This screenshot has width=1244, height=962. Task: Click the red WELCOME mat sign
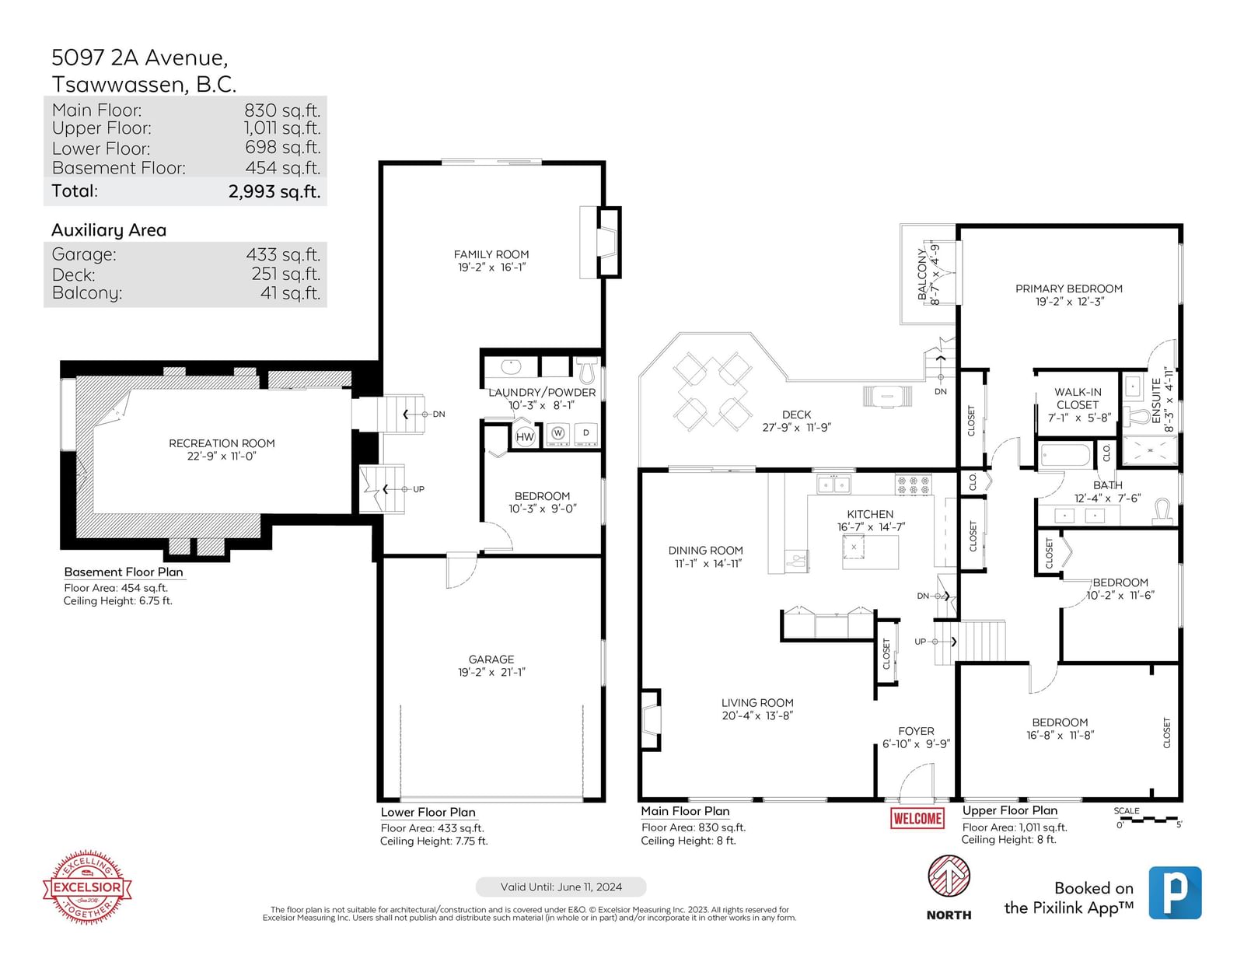(917, 818)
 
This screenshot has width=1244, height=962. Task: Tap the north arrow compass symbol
(949, 876)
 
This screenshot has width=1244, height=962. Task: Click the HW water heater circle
(524, 437)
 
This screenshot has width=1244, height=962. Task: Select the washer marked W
(558, 433)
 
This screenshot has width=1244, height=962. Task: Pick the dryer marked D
(585, 433)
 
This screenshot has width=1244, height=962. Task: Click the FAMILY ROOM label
(491, 254)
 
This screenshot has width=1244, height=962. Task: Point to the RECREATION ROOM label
(222, 443)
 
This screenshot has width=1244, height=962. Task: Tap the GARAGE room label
(491, 659)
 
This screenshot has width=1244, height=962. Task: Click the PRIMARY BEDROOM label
(1069, 289)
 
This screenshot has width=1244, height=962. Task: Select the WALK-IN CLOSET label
(1078, 398)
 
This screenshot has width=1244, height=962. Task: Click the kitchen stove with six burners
(913, 485)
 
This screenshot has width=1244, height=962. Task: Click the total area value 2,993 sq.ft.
(274, 191)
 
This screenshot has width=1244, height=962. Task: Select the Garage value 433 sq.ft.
(283, 254)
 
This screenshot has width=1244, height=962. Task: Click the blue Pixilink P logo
(1175, 893)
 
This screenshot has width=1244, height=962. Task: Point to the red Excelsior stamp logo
(87, 887)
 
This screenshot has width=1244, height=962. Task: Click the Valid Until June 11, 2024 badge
(561, 887)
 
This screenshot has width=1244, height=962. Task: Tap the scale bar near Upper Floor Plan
(1148, 820)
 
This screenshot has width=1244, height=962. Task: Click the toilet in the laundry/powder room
(586, 370)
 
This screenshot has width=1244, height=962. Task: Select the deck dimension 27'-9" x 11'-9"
(796, 427)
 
